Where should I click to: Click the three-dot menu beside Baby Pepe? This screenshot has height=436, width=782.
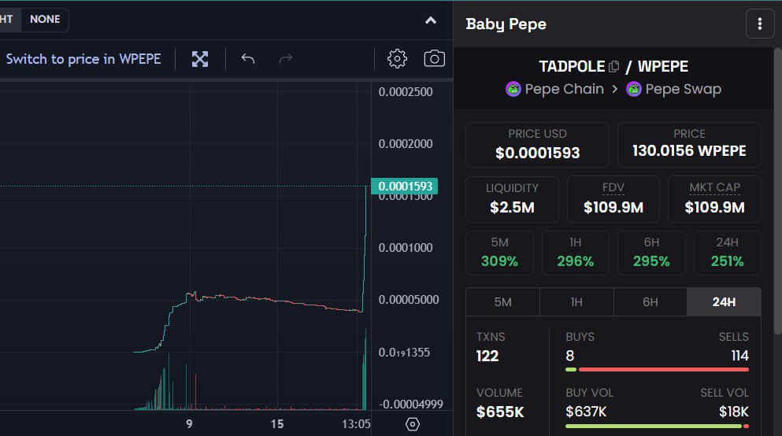(759, 24)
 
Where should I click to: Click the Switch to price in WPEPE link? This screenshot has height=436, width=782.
(83, 59)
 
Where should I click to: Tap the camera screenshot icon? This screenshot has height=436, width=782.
(434, 59)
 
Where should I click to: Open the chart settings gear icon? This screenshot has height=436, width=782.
(397, 59)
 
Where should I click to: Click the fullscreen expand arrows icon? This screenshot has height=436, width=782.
(200, 59)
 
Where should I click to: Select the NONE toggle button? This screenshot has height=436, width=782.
(45, 20)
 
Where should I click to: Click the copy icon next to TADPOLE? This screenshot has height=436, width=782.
(614, 67)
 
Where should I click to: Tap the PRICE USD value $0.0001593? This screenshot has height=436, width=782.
(537, 153)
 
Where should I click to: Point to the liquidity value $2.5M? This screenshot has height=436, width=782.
(512, 207)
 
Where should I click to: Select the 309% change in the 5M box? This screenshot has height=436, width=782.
(499, 261)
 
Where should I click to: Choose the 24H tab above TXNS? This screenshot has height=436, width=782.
(724, 302)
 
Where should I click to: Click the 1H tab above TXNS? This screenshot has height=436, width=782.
(576, 302)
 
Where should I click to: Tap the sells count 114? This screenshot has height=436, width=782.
(739, 356)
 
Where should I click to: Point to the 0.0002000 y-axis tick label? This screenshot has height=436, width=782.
(406, 144)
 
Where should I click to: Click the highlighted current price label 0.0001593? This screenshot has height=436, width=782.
(406, 187)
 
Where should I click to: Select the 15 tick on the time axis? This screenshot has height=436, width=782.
(277, 424)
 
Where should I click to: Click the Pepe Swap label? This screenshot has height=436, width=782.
(683, 89)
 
